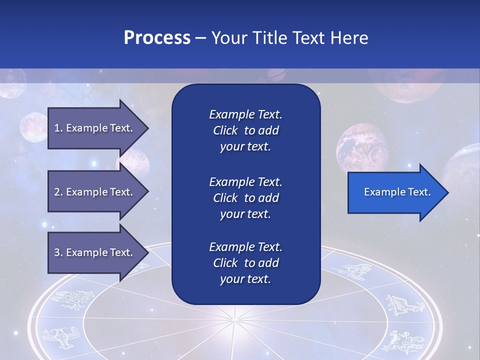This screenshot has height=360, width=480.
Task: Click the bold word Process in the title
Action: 157,38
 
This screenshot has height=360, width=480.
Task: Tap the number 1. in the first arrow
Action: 58,128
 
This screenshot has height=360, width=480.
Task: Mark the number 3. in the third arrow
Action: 58,252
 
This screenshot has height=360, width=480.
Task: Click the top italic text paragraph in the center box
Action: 245,130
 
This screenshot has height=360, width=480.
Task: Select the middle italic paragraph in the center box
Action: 245,198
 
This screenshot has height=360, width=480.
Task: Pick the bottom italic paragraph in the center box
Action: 245,263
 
